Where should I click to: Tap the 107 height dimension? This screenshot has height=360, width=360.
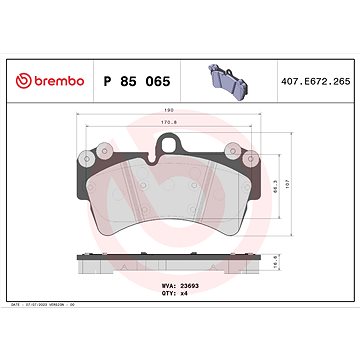click(x=313, y=183)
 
